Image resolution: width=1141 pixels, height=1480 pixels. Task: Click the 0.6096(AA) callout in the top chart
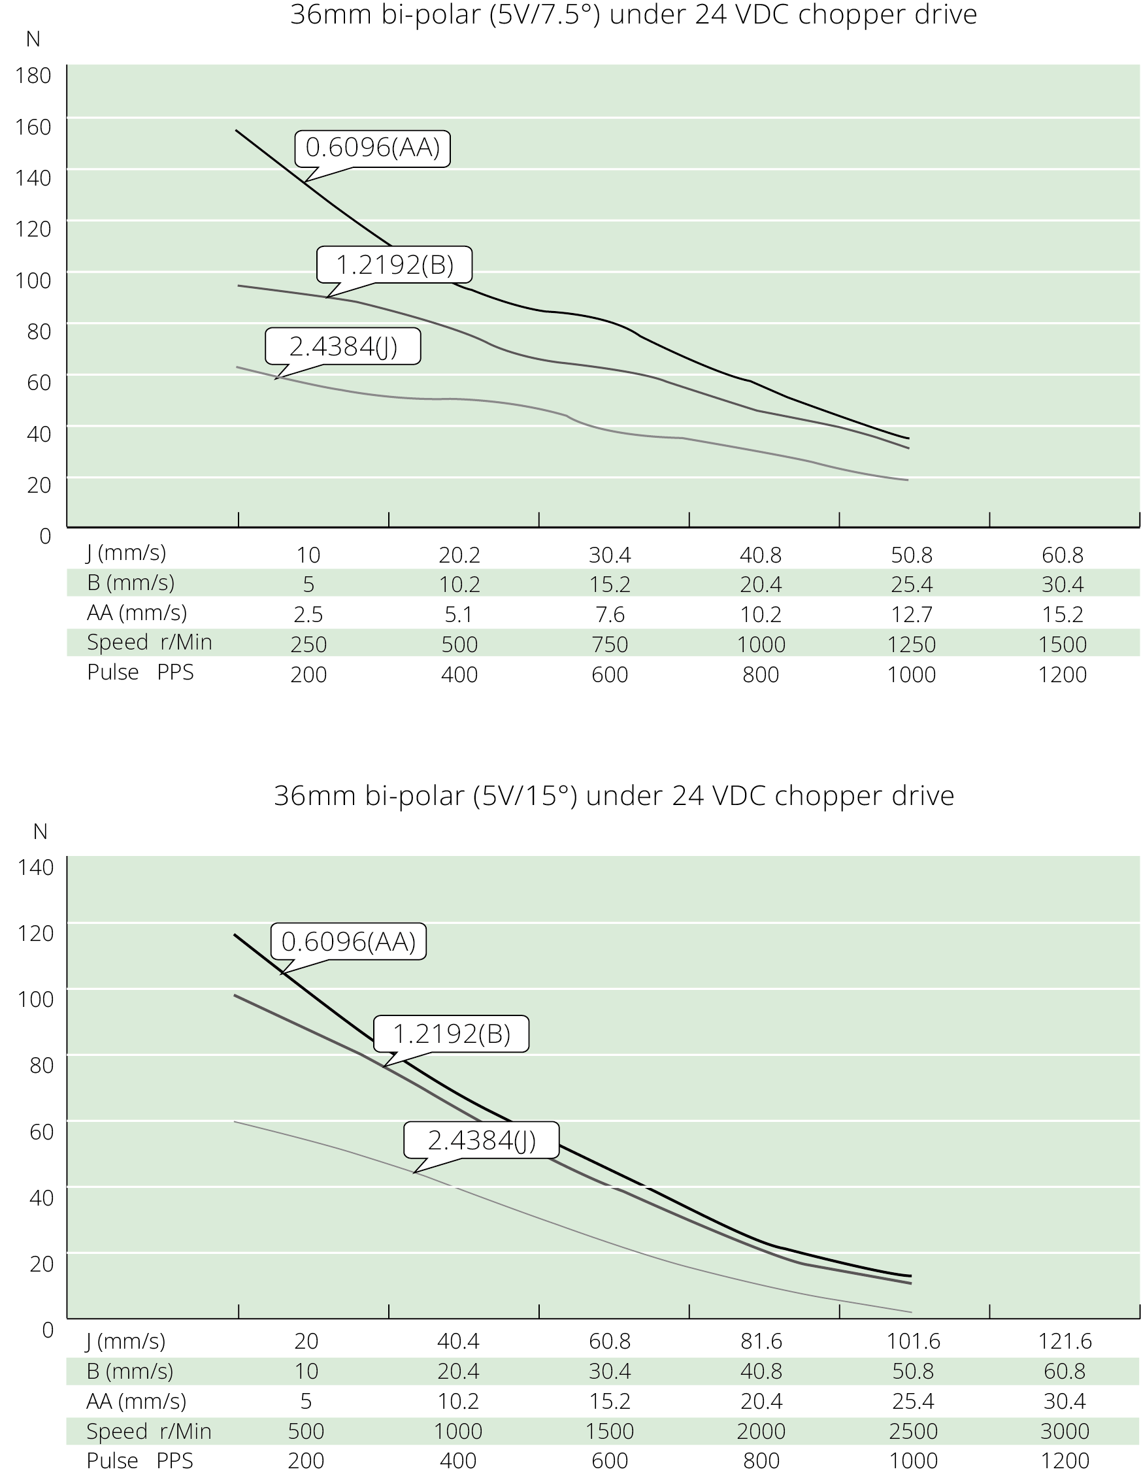372,148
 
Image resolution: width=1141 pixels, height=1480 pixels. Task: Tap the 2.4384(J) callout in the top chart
343,346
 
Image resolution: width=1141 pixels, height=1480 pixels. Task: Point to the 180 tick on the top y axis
33,75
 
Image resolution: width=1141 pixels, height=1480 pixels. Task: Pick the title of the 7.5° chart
633,15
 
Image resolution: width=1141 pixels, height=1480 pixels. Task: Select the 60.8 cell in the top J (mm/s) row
1062,555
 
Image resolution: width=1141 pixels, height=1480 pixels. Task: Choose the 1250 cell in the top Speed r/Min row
912,644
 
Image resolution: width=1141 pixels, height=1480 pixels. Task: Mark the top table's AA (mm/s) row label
136,613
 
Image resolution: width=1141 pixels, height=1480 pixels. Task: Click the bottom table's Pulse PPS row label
139,1460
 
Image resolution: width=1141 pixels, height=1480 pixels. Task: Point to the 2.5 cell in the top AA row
308,614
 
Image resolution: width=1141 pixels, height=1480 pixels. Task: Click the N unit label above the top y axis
33,39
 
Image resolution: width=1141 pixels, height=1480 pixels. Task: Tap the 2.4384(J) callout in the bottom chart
481,1140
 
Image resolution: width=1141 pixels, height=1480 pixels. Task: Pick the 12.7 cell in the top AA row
912,614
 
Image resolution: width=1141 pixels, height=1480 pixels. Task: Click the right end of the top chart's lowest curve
906,480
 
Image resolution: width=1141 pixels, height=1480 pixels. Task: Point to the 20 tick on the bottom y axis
41,1263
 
